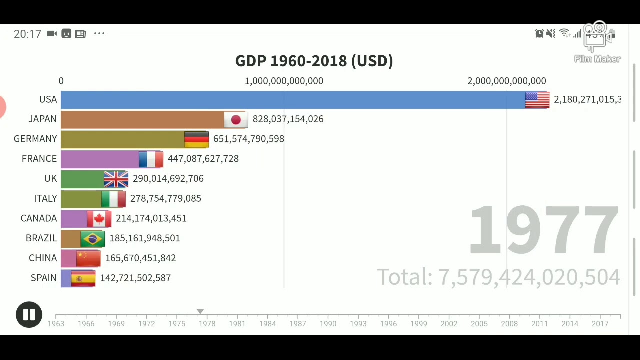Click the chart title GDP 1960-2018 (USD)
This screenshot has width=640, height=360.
314,61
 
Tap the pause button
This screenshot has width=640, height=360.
29,315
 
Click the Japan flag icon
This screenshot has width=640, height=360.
236,119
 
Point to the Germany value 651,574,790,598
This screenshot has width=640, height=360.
248,139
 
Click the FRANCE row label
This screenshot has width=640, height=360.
39,159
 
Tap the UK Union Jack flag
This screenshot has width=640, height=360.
116,179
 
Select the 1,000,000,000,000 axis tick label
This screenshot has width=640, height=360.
284,81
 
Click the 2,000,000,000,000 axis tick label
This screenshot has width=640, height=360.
506,81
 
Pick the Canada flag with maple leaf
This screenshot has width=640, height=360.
99,218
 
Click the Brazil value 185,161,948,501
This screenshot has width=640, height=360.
145,238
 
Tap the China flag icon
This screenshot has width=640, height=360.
88,258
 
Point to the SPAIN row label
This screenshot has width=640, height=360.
43,278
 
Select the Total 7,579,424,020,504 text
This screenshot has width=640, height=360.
498,277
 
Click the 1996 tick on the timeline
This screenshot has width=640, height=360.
388,323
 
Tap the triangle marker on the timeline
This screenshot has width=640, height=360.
200,311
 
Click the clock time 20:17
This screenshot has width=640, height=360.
27,34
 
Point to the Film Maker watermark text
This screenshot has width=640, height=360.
597,59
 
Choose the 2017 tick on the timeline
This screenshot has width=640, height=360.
600,323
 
